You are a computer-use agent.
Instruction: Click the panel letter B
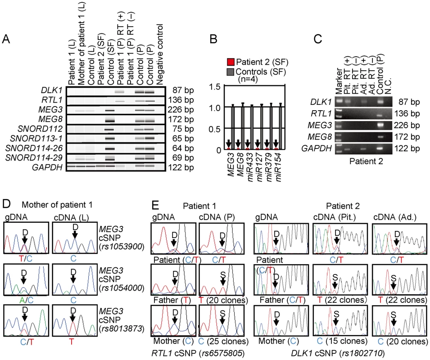click(x=213, y=39)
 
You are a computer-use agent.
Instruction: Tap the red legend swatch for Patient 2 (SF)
click(x=231, y=62)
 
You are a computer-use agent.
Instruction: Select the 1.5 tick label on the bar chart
click(x=215, y=87)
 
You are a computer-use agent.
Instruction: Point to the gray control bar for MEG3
click(x=233, y=127)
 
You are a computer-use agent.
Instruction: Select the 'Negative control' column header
click(x=159, y=54)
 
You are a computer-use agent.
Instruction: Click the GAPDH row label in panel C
click(x=316, y=148)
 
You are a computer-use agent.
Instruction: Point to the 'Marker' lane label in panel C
click(x=339, y=81)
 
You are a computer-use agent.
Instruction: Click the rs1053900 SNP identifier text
click(x=122, y=246)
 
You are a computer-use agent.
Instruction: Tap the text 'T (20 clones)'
click(x=223, y=300)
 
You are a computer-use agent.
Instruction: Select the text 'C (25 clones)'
click(x=223, y=341)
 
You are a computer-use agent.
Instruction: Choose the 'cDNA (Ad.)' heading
click(x=395, y=217)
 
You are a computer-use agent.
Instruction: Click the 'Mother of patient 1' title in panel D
click(x=57, y=205)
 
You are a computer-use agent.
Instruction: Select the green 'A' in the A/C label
click(x=22, y=301)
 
